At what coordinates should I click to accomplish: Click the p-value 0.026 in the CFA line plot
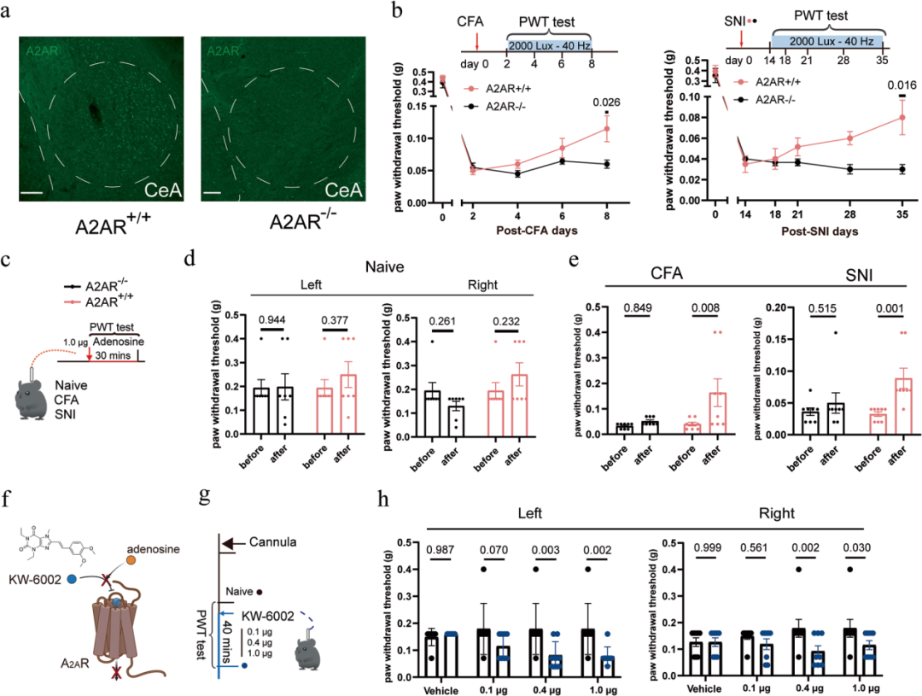pos(607,102)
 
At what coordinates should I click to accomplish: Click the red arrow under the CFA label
pos(477,40)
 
